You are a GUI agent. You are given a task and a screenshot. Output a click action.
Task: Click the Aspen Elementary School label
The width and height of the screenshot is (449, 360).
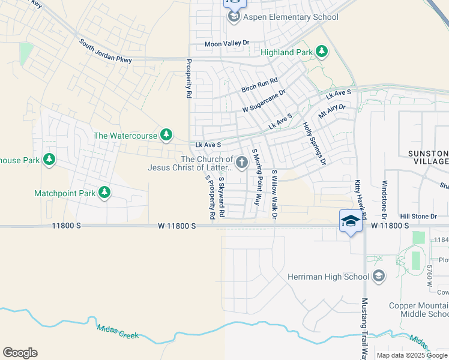(x=291, y=17)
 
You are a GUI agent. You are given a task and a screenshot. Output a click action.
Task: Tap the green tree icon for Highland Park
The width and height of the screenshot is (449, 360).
(x=322, y=52)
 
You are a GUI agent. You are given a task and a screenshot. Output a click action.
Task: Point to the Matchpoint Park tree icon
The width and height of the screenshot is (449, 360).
(x=104, y=193)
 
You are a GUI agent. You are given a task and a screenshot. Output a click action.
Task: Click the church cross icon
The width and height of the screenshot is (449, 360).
(x=242, y=162)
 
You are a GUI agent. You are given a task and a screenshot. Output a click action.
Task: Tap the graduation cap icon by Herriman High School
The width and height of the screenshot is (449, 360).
(x=379, y=276)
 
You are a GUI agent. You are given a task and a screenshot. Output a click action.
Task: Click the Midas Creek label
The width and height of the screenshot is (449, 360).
(x=118, y=329)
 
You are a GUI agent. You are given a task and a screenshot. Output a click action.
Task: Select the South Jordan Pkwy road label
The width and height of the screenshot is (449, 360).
(x=106, y=51)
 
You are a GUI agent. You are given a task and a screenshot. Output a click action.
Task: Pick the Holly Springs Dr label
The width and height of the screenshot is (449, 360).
(x=314, y=143)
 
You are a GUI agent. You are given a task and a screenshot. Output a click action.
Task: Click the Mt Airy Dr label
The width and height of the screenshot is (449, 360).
(x=332, y=112)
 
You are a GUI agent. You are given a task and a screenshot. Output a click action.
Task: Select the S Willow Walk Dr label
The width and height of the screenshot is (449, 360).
(x=274, y=193)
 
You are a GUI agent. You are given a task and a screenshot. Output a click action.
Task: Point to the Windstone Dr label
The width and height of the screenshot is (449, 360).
(x=385, y=199)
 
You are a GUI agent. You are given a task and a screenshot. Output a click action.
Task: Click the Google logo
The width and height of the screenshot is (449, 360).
(x=20, y=353)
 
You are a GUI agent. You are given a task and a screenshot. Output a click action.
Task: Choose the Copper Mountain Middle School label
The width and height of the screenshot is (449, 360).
(x=419, y=310)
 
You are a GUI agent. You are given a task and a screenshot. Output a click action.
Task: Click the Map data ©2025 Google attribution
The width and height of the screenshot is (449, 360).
(x=412, y=355)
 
